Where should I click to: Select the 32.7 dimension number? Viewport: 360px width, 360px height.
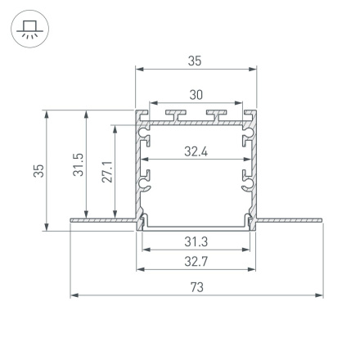(196, 262)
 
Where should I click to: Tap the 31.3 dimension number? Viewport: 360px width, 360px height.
(196, 241)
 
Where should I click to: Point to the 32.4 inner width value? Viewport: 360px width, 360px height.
(196, 151)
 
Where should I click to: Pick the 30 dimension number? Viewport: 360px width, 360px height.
(196, 95)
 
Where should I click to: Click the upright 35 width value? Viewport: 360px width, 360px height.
(196, 61)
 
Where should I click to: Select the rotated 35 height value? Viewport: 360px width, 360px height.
(38, 169)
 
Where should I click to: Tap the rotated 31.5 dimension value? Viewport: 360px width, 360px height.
(76, 169)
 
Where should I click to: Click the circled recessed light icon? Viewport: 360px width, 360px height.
(30, 30)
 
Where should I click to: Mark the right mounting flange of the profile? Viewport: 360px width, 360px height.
(290, 218)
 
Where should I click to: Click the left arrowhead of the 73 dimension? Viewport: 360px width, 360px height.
(74, 294)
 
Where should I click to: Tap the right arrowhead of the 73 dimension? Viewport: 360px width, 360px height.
(320, 294)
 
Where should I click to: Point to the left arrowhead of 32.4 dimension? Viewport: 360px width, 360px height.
(145, 158)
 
